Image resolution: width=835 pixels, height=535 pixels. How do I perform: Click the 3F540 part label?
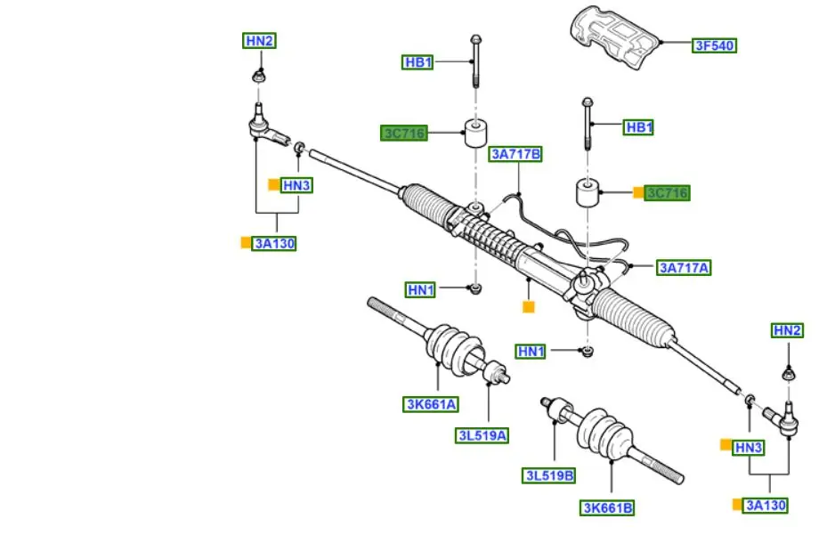coord(715,45)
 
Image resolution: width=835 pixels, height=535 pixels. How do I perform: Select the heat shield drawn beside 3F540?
coord(615,40)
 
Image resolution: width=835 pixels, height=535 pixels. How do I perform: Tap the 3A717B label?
coord(515,155)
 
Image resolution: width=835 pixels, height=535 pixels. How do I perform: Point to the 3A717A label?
coord(684,267)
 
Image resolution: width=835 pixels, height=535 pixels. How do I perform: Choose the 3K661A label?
coord(430,404)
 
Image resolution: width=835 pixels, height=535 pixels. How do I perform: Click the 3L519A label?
coord(482,435)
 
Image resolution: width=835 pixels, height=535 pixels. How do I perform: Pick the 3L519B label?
coord(549,475)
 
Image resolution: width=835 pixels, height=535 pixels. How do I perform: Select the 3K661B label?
coord(608,507)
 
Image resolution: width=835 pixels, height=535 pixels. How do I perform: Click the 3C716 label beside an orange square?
coord(668,193)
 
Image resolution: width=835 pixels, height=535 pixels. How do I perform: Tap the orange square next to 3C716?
coord(638,192)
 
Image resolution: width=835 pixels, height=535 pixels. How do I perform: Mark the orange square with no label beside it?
coord(528,307)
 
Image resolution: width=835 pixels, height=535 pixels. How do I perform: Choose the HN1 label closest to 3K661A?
coord(420,289)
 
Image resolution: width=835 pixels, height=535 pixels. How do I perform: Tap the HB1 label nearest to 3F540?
coord(639,128)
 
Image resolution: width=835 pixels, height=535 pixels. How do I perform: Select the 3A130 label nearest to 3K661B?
coord(766,505)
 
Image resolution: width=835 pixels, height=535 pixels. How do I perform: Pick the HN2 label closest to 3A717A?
coord(787,331)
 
